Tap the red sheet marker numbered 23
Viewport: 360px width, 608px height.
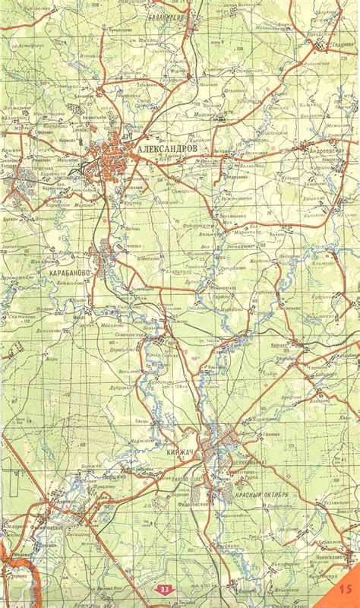[165, 589]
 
